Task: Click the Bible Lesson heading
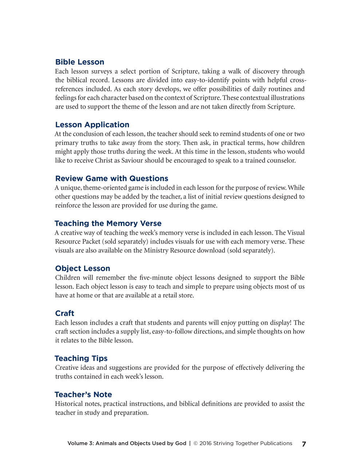(x=80, y=62)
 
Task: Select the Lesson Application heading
(x=92, y=125)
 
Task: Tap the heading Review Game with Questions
(x=111, y=178)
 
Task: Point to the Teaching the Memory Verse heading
(x=108, y=223)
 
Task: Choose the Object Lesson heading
(x=83, y=268)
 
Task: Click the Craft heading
(x=64, y=313)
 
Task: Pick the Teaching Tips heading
(x=81, y=358)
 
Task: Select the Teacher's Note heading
(x=83, y=394)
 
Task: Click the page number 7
(x=304, y=444)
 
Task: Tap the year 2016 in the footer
(x=205, y=443)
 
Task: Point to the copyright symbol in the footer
(x=195, y=443)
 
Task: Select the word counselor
(x=280, y=161)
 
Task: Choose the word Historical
(x=69, y=404)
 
